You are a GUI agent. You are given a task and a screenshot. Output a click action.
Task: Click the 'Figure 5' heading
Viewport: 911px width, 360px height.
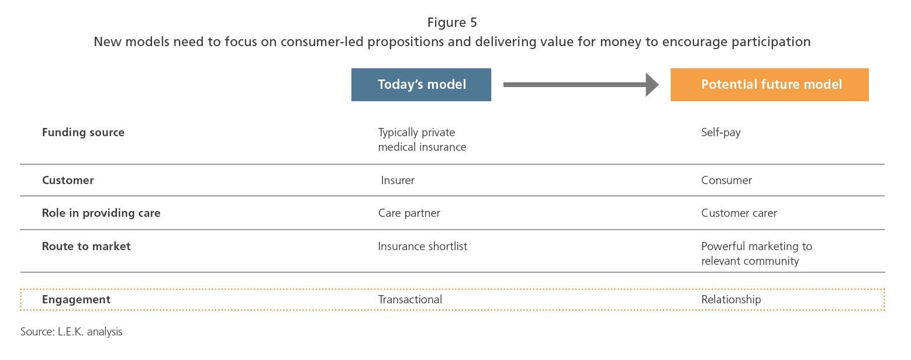[x=452, y=22]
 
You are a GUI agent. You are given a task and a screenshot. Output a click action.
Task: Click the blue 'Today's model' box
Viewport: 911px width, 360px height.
[x=422, y=85]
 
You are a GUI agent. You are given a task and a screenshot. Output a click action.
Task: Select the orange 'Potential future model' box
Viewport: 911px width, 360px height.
[x=769, y=85]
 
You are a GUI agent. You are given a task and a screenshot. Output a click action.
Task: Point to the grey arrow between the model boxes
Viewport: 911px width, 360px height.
[x=581, y=85]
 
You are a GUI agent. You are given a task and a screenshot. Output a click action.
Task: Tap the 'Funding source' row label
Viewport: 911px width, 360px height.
[x=83, y=132]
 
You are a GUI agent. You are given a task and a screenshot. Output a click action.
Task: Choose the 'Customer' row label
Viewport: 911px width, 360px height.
[x=68, y=180]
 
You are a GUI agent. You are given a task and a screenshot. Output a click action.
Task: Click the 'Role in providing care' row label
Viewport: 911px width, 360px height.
[x=101, y=213]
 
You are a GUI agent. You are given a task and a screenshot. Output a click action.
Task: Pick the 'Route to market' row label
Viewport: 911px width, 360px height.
[x=86, y=246]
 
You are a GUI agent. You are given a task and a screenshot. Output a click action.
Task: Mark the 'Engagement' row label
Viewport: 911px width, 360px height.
[x=76, y=299]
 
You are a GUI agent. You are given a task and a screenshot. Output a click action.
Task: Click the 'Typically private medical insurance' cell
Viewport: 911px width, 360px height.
[x=422, y=139]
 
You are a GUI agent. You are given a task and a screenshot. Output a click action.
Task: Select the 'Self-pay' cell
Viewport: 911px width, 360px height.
[x=720, y=133]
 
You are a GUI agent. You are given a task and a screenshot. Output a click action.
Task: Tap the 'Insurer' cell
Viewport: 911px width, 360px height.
[x=398, y=180]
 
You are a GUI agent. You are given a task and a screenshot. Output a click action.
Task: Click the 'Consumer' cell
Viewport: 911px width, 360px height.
[x=726, y=180]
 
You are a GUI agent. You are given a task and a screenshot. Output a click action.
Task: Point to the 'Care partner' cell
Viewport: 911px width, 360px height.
[x=409, y=213]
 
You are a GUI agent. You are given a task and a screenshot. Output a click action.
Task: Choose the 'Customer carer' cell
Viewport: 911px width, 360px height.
[x=739, y=213]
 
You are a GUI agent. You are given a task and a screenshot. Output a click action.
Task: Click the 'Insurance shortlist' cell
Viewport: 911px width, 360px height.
[x=423, y=246]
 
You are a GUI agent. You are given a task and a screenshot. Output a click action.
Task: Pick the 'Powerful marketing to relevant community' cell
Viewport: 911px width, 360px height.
[x=757, y=254]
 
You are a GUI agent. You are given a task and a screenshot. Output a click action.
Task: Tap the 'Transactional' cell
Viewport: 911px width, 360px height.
[x=410, y=299]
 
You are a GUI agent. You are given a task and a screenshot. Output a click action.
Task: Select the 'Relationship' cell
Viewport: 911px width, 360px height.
[x=731, y=299]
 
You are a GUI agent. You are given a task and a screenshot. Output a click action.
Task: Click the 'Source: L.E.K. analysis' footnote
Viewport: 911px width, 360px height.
[x=71, y=331]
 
